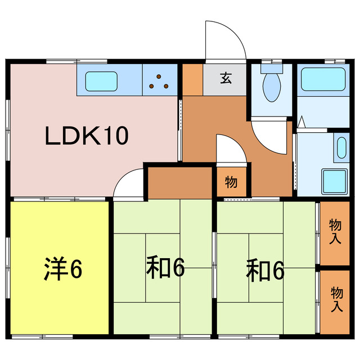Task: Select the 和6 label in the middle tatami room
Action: (x=165, y=269)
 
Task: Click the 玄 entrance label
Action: (x=225, y=79)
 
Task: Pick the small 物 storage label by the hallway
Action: (x=230, y=182)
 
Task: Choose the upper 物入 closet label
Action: (x=335, y=231)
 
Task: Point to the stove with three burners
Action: (x=159, y=82)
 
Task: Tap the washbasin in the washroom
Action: (x=341, y=147)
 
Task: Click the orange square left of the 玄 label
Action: (x=192, y=79)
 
